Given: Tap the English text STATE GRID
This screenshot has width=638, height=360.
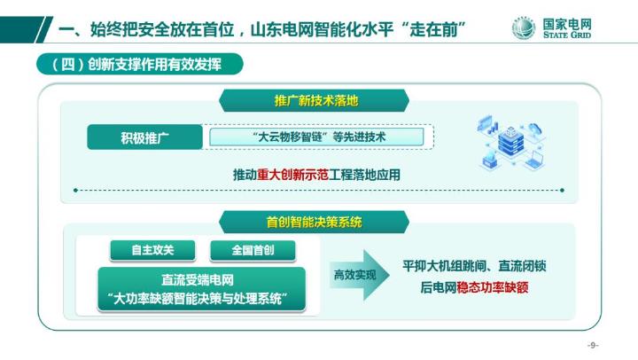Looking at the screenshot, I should [569, 37].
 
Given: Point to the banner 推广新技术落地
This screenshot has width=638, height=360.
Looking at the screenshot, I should [315, 100].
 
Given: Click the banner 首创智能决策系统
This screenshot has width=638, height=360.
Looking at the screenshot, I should [315, 221].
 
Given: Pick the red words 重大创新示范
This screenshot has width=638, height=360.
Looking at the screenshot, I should [292, 176].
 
